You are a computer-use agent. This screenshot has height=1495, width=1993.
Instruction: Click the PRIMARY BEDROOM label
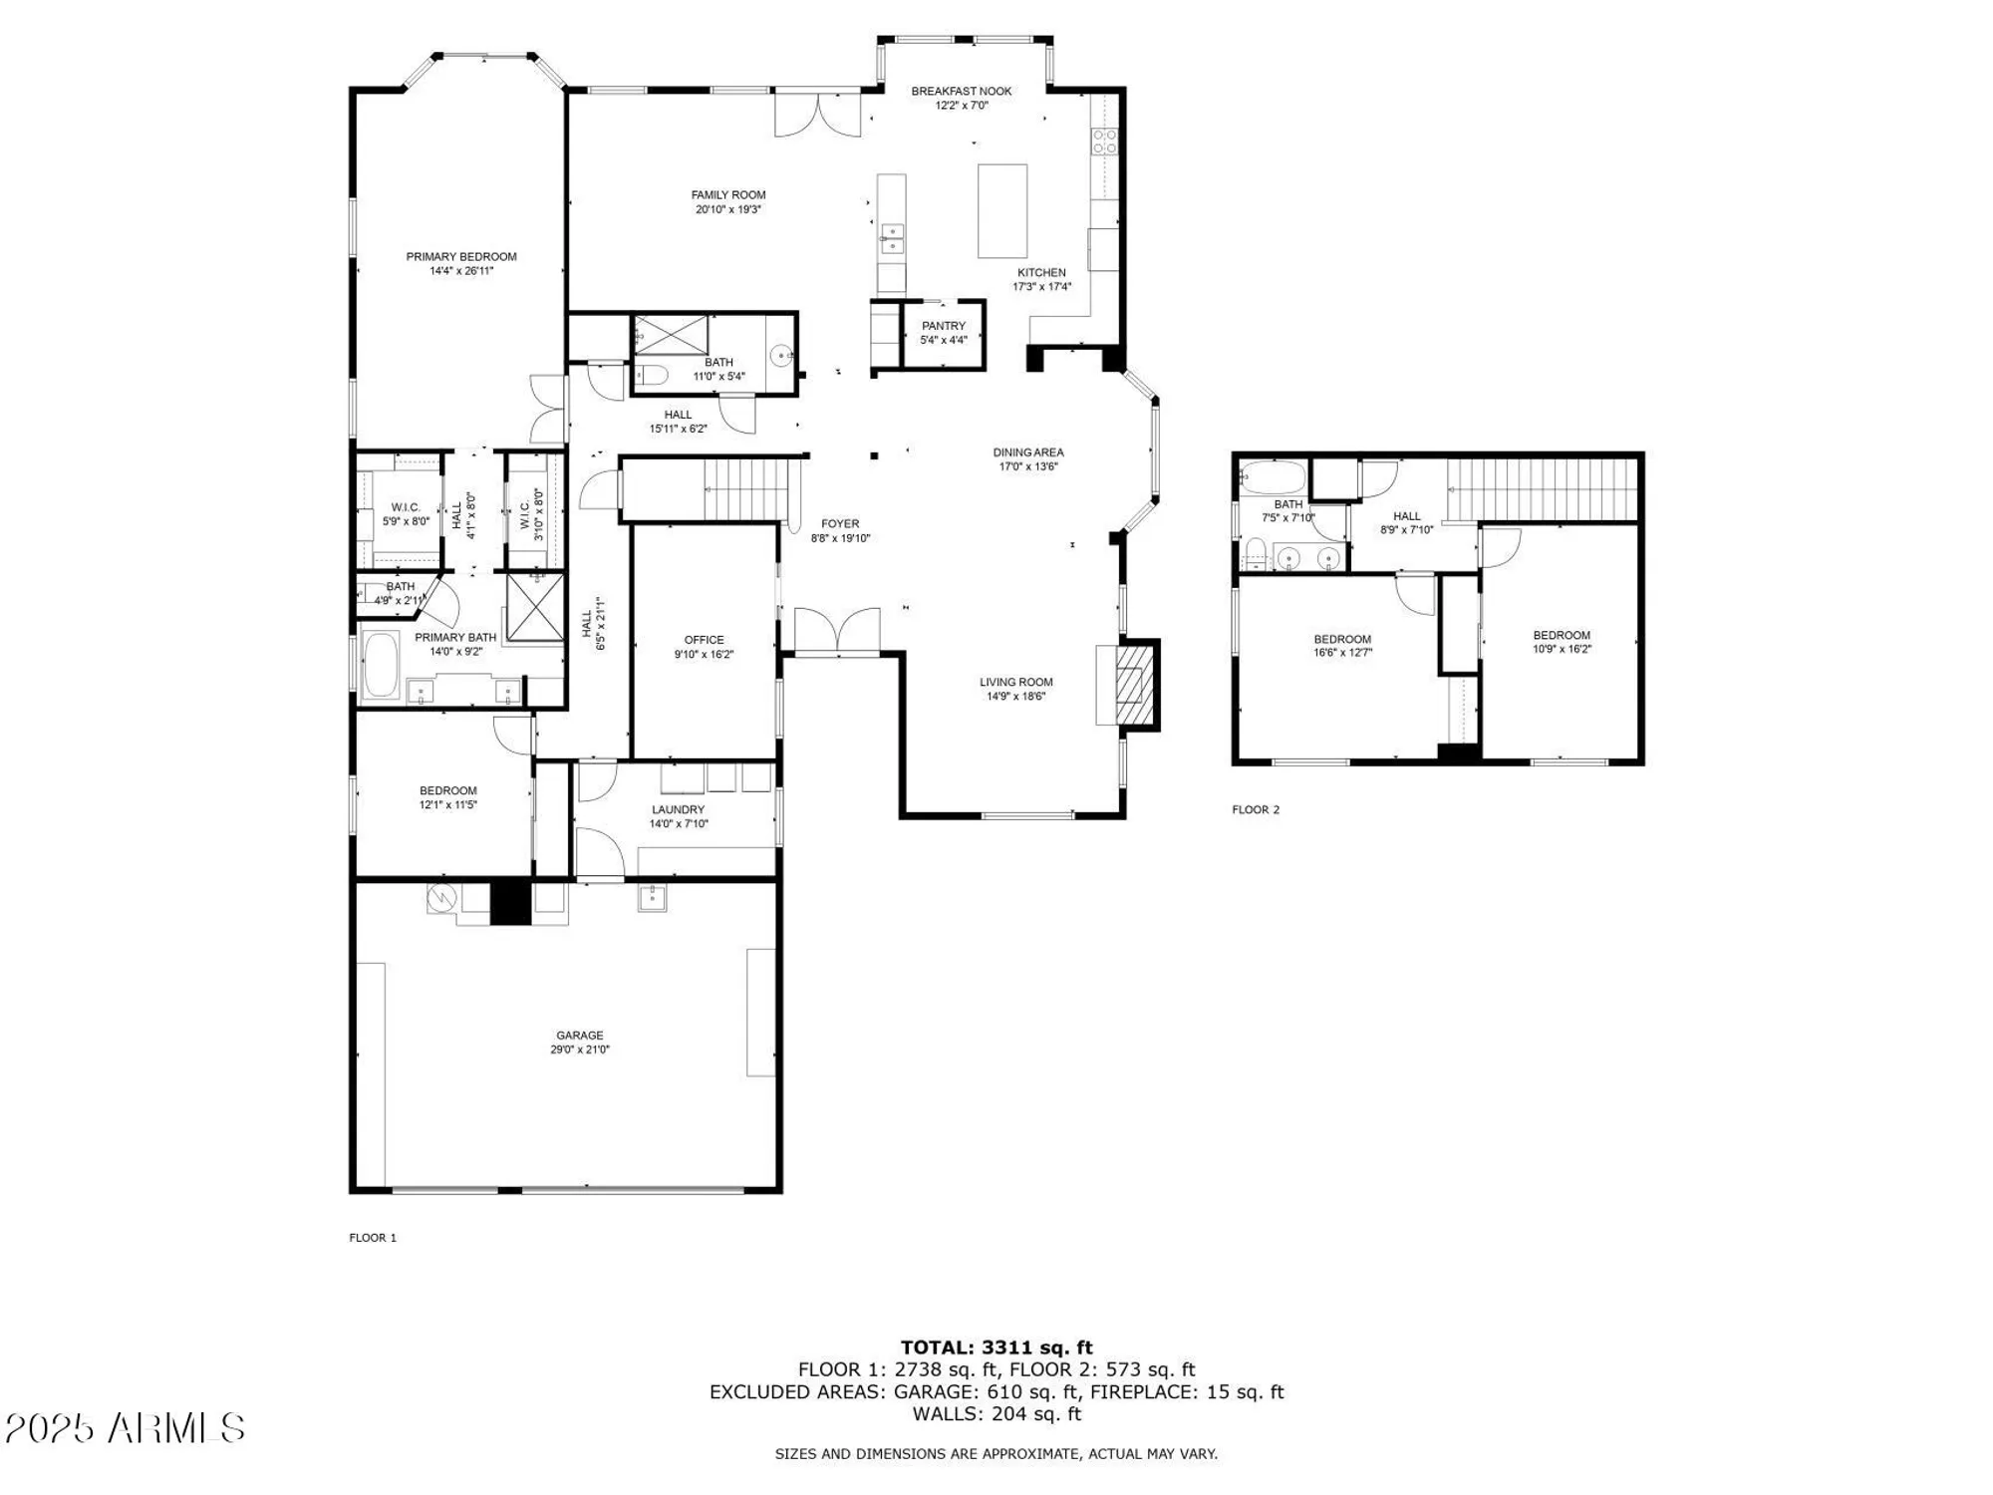[461, 257]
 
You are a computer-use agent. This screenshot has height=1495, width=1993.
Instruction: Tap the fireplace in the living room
[1130, 685]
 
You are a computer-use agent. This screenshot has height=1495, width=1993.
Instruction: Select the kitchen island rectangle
[1001, 211]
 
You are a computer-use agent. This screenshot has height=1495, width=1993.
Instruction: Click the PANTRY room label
[943, 326]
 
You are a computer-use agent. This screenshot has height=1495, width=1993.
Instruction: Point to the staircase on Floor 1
[747, 488]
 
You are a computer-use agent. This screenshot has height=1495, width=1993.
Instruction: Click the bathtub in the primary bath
[381, 665]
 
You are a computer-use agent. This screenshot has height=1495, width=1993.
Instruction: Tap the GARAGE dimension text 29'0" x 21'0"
[579, 1049]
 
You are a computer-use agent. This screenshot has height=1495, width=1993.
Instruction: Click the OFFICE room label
[704, 640]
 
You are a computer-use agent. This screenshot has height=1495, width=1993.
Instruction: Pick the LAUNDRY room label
[678, 810]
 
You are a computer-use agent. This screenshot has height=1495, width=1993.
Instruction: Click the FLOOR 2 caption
[1256, 810]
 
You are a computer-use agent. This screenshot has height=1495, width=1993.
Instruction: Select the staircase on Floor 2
[1540, 488]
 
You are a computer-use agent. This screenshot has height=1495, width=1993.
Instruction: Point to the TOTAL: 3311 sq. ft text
[996, 1348]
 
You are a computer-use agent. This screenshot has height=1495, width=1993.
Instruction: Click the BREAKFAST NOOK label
[961, 92]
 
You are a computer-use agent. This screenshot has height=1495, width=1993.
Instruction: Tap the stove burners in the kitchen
[1104, 142]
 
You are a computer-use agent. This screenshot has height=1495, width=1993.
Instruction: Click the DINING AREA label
[1027, 452]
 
